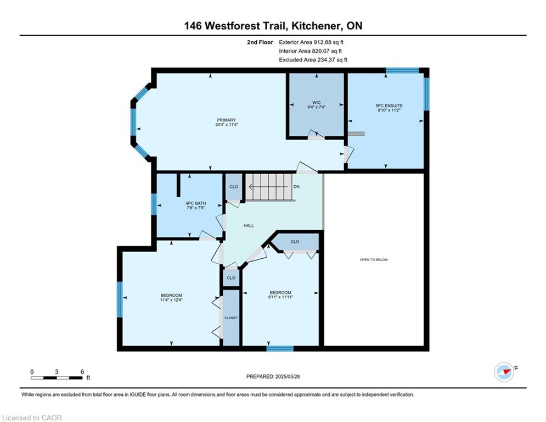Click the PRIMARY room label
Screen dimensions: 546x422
pyautogui.click(x=226, y=120)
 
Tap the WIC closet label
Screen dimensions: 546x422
pyautogui.click(x=316, y=103)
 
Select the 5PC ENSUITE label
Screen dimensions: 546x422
pyautogui.click(x=389, y=105)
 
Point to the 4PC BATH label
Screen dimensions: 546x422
pyautogui.click(x=196, y=203)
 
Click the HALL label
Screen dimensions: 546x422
pyautogui.click(x=249, y=226)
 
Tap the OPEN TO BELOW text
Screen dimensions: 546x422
pyautogui.click(x=374, y=259)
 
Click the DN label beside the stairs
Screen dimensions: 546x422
pyautogui.click(x=296, y=187)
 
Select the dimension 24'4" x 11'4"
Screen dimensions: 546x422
pyautogui.click(x=226, y=125)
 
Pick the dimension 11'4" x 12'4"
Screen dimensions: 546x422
pyautogui.click(x=171, y=299)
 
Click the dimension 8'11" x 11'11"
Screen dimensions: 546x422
pyautogui.click(x=280, y=297)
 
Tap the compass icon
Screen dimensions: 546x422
pyautogui.click(x=504, y=372)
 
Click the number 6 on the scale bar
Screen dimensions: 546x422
pyautogui.click(x=82, y=372)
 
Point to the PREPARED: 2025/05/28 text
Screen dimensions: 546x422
pyautogui.click(x=273, y=376)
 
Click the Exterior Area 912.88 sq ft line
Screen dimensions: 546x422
pyautogui.click(x=311, y=42)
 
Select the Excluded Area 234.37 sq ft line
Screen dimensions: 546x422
pyautogui.click(x=313, y=60)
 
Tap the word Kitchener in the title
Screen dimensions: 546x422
pyautogui.click(x=317, y=26)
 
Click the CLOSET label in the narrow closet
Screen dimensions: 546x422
pyautogui.click(x=231, y=318)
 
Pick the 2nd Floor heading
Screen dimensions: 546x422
pyautogui.click(x=260, y=42)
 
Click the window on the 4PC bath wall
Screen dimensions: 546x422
pyautogui.click(x=154, y=204)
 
